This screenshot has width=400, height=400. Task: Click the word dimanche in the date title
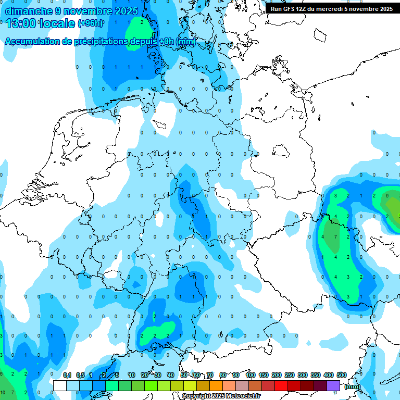29,11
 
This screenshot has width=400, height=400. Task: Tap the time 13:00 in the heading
22,23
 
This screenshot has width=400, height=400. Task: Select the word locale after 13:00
58,23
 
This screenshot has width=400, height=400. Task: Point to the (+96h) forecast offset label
91,23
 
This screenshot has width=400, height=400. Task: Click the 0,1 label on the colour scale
67,376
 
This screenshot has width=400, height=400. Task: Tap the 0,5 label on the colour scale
80,376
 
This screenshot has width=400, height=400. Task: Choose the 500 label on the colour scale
342,376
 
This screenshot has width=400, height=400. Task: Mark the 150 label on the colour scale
264,376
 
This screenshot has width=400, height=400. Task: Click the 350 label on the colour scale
316,376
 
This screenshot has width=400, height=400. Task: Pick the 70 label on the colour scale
210,376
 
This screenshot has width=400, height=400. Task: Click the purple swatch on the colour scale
333,385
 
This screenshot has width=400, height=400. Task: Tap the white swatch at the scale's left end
60,385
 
